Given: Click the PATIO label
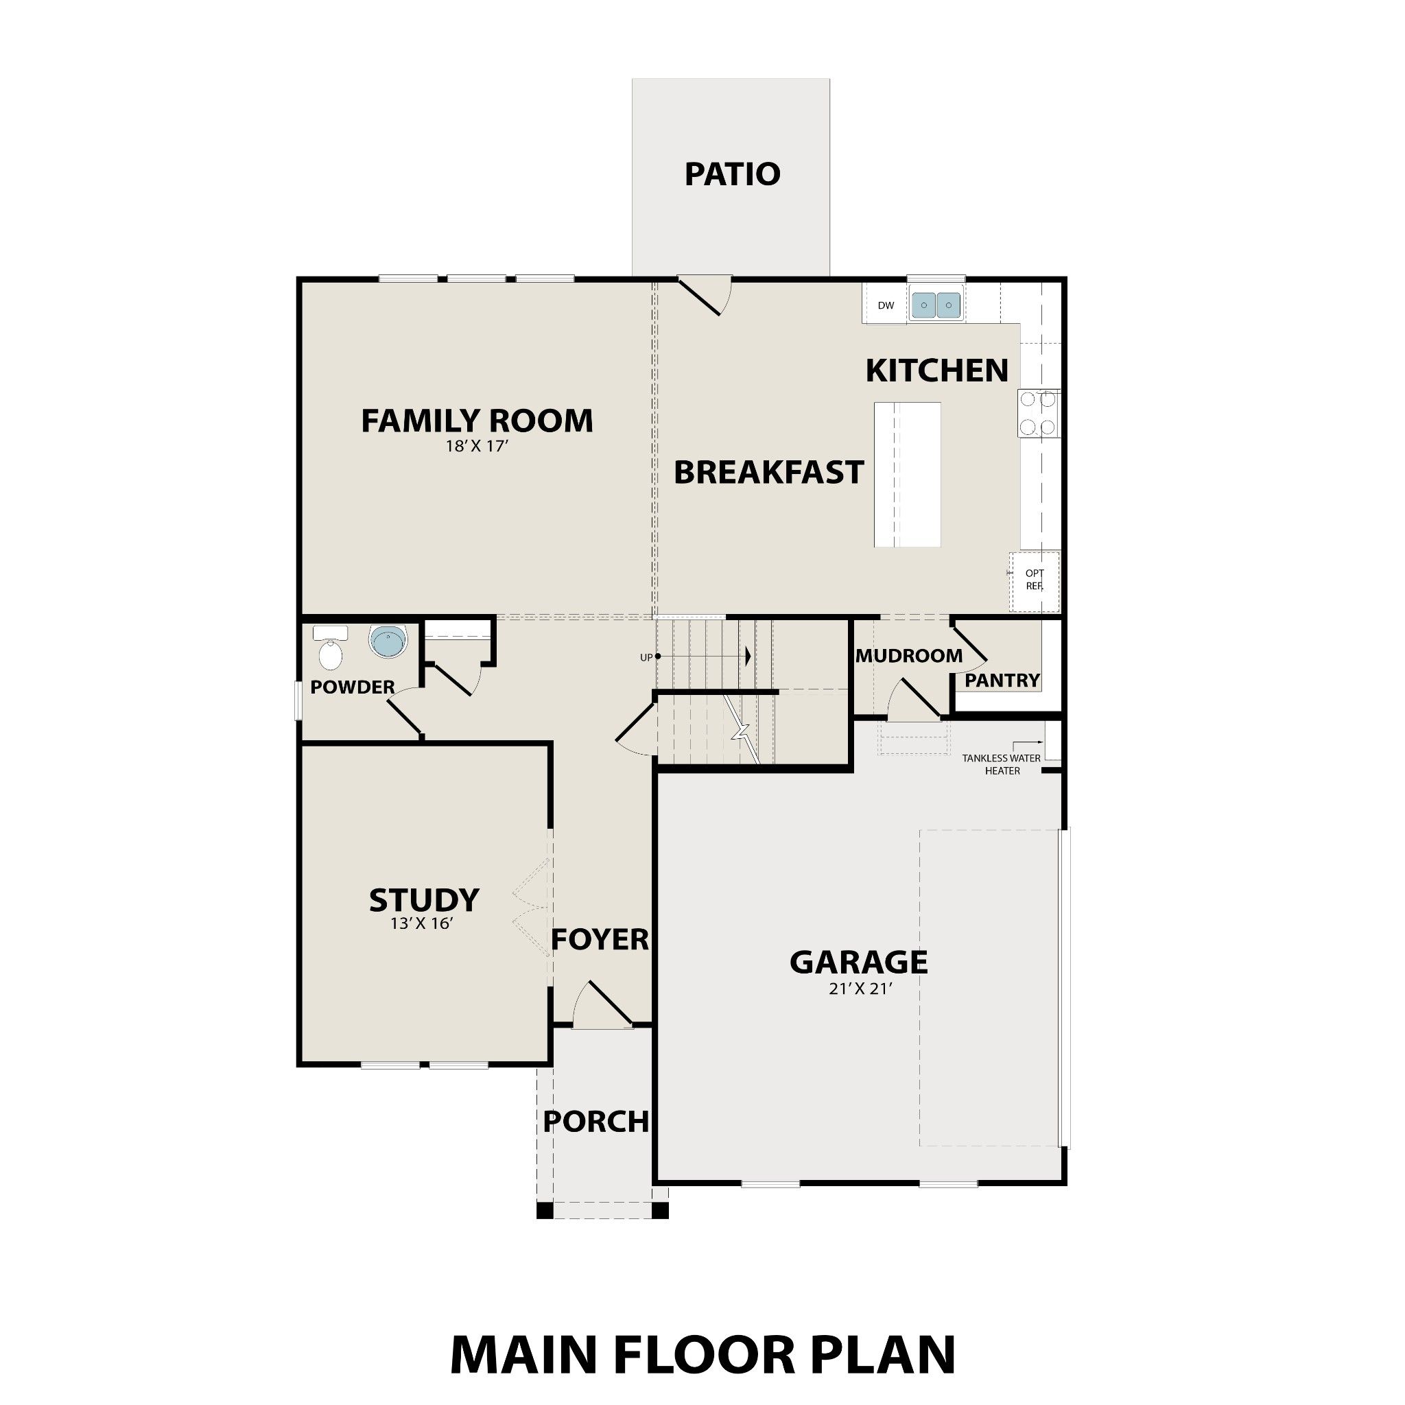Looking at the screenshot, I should [x=732, y=174].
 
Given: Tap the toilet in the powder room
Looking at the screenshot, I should [x=330, y=651].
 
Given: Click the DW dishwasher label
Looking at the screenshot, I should [x=885, y=305].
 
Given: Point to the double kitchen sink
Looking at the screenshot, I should [x=936, y=305].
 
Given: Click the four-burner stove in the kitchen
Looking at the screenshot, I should [x=1038, y=413].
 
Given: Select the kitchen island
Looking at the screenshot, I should [x=907, y=474].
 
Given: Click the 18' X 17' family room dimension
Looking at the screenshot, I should [x=476, y=447].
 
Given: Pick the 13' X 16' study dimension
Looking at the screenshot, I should [x=423, y=924].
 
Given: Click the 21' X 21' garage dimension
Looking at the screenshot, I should [x=860, y=989].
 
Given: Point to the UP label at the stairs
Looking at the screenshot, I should [x=646, y=657].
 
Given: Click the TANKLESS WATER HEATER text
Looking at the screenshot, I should [x=1002, y=764].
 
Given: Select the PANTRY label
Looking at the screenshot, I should [x=1002, y=681].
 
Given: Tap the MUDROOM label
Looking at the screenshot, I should [x=909, y=656].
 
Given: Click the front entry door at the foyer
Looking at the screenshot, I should [x=604, y=1007].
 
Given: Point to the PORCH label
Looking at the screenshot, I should [x=595, y=1122].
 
